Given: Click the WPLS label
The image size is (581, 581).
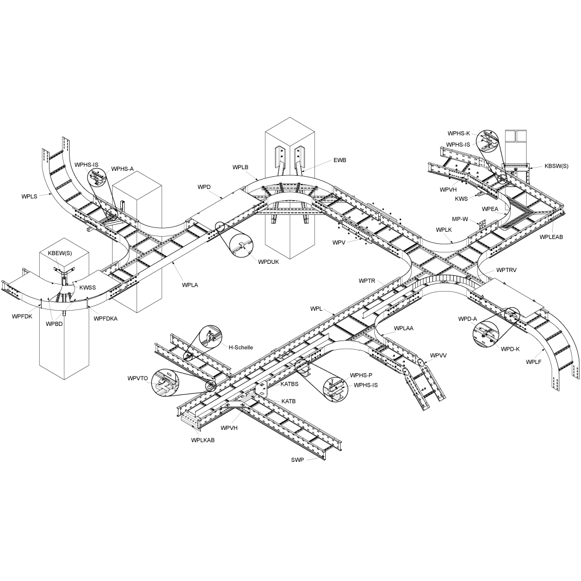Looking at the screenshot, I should click(x=29, y=196).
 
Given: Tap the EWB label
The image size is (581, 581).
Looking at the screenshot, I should click(x=340, y=160).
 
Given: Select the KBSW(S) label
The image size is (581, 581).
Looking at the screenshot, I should click(x=556, y=166).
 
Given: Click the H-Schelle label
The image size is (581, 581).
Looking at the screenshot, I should click(x=240, y=347).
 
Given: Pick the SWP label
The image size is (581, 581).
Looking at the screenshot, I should click(x=297, y=460).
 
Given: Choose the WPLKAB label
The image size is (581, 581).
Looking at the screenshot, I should click(x=202, y=440).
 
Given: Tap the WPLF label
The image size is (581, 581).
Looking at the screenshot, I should click(x=534, y=362).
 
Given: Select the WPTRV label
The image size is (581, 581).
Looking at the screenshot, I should click(x=506, y=270).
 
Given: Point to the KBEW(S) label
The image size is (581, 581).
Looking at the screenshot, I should click(x=60, y=254).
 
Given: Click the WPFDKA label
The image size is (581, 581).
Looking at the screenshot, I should click(x=106, y=319).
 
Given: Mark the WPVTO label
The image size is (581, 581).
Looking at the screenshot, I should click(x=138, y=378).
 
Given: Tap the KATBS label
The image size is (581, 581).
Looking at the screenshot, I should click(x=289, y=384).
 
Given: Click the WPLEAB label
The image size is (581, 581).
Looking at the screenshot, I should click(x=551, y=237).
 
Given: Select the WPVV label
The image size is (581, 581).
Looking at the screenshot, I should click(x=438, y=355).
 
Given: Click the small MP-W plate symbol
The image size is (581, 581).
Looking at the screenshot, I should click(x=483, y=222).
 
